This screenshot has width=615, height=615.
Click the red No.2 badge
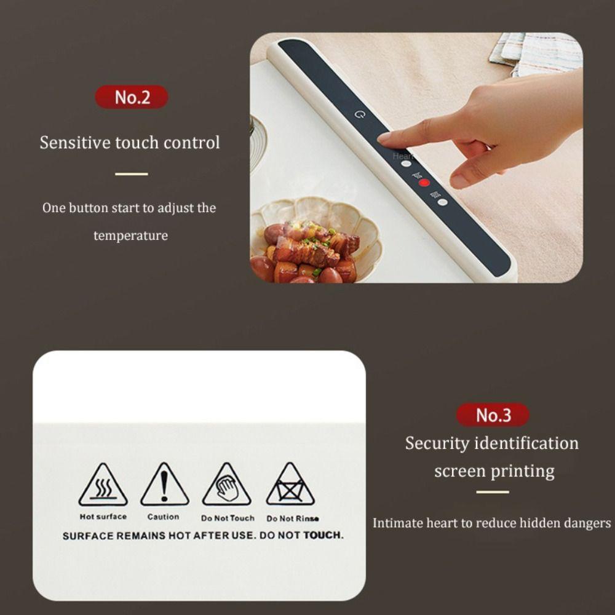coord(132,97)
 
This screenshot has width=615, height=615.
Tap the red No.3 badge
coord(493,415)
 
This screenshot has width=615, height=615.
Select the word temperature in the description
coord(130,236)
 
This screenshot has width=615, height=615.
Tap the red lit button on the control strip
coord(424,183)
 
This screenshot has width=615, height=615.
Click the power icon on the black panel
coord(360,114)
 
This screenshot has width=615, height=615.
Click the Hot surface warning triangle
coord(103,486)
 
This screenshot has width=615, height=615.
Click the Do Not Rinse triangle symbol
coord(290,486)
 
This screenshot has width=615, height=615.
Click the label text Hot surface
coord(103,517)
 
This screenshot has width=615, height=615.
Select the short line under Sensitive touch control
coord(131,174)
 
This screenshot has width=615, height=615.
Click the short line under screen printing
coord(493,492)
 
